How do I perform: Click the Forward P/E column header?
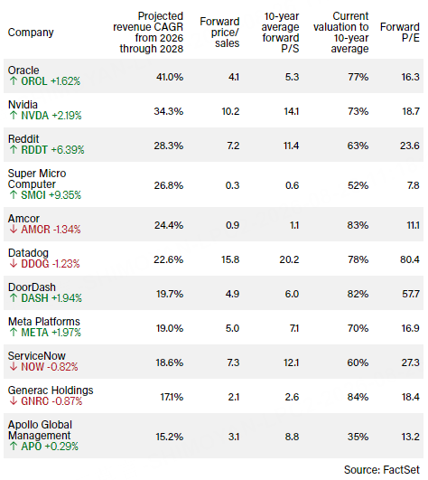pos(400,33)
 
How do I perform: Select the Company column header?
pos(31,33)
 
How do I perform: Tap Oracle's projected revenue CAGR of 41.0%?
pos(170,77)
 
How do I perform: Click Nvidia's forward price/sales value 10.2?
pos(230,111)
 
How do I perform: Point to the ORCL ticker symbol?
pos(34,81)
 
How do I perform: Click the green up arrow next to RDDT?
pos(14,150)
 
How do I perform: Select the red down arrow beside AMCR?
pos(14,230)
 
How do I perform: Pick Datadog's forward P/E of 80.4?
pos(410,259)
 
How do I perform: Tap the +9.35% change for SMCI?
pos(65,195)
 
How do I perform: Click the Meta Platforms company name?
pos(43,322)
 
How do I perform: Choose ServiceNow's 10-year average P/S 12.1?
pos(291,362)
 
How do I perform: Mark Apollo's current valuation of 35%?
pos(358,437)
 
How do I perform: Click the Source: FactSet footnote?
pos(382,469)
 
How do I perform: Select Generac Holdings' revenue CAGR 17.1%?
pos(172,397)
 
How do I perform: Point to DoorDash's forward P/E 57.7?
pos(411,294)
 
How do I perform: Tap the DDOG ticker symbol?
pos(35,264)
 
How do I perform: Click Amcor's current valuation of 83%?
pos(358,225)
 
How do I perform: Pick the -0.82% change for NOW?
pos(62,367)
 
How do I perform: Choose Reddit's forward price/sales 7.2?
pos(233,146)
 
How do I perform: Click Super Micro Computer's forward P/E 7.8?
pos(413,185)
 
